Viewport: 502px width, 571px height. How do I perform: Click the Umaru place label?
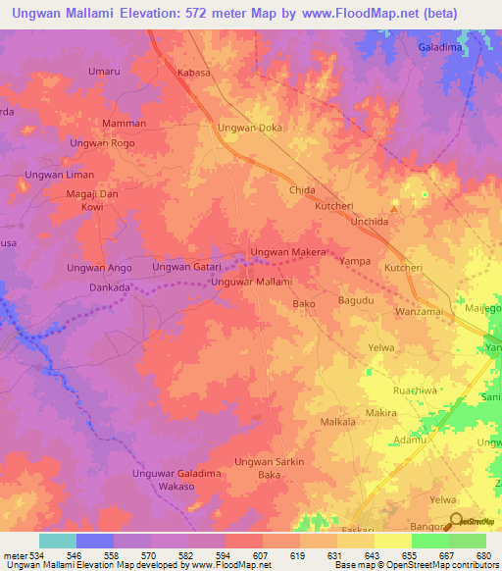pyautogui.click(x=104, y=72)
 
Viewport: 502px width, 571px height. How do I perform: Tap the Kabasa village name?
pyautogui.click(x=194, y=73)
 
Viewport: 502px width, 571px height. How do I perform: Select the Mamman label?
pyautogui.click(x=125, y=124)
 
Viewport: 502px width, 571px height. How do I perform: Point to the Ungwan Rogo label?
pyautogui.click(x=102, y=143)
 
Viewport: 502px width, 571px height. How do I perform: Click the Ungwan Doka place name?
pyautogui.click(x=249, y=129)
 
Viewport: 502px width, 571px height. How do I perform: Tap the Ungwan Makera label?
pyautogui.click(x=288, y=253)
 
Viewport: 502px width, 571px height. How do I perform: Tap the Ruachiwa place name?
pyautogui.click(x=414, y=389)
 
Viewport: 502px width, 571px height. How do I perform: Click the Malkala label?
pyautogui.click(x=338, y=422)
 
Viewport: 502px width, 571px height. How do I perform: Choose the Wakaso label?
pyautogui.click(x=177, y=486)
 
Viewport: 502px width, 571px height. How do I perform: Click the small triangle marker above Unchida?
pyautogui.click(x=394, y=208)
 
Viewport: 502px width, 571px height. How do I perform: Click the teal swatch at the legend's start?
pyautogui.click(x=58, y=541)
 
